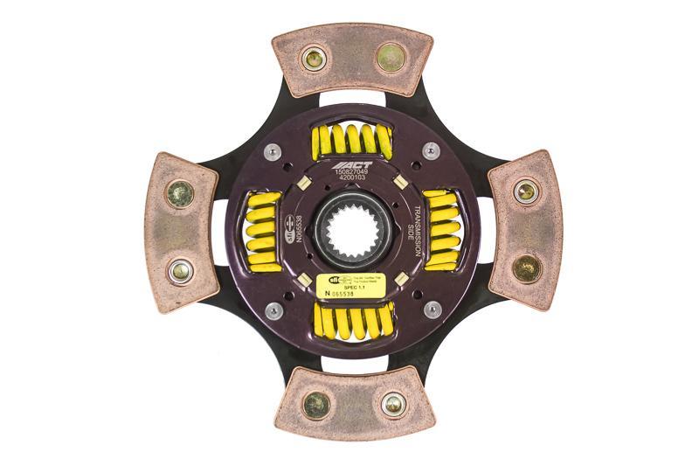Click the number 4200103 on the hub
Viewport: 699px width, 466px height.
point(353,181)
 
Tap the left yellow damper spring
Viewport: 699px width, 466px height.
point(262,231)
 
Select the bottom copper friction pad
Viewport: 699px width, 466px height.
point(354,403)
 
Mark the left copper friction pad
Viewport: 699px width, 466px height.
point(180,232)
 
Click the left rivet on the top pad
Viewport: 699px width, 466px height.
point(313,59)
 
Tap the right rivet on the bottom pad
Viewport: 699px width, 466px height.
point(393,404)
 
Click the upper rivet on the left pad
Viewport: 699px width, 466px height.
point(180,192)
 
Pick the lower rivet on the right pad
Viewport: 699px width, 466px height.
point(526,268)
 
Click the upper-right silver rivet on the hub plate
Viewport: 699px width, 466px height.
point(431,151)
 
